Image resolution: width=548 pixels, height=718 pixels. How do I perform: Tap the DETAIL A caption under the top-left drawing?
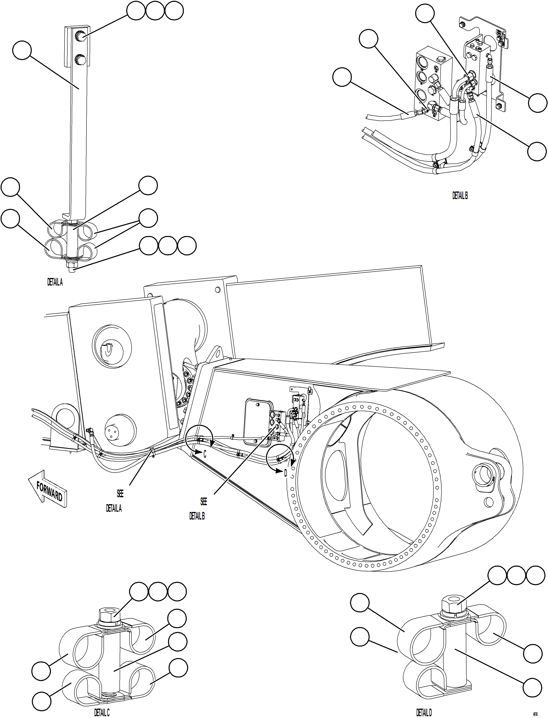pyautogui.click(x=55, y=282)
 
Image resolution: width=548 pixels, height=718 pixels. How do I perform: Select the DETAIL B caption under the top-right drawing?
pyautogui.click(x=460, y=195)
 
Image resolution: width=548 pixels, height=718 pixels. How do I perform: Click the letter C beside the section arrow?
pyautogui.click(x=205, y=454)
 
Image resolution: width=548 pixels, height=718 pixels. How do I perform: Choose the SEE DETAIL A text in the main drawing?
pyautogui.click(x=114, y=501)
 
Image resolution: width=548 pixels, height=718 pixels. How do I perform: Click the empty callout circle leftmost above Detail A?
pyautogui.click(x=136, y=11)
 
